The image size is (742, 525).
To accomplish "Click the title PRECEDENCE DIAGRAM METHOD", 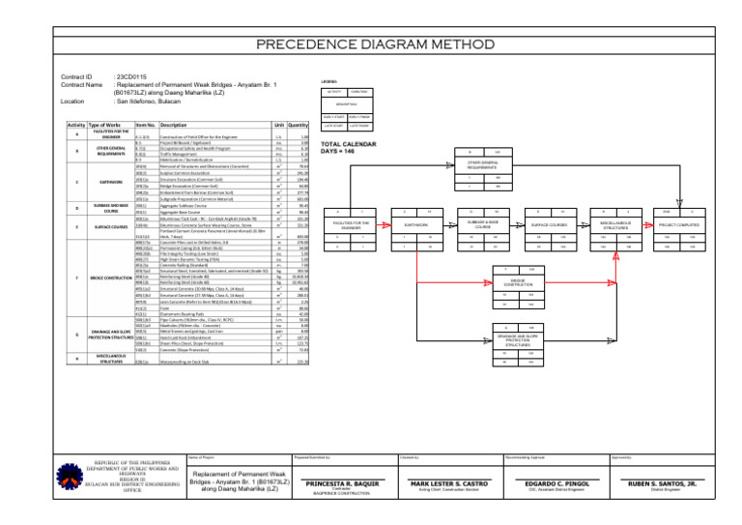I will (370, 44).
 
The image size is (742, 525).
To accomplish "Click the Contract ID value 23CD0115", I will (131, 75).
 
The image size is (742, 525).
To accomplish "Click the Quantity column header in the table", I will (298, 126).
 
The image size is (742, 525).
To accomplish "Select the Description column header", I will (174, 126).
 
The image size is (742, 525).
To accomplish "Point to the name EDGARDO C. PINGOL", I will (570, 483).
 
